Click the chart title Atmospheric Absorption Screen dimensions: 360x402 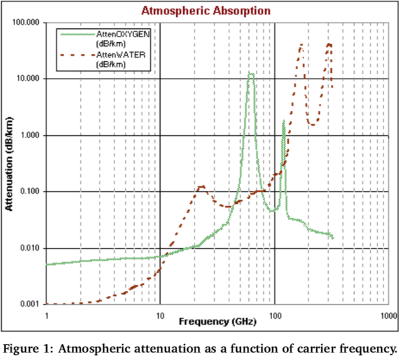coord(206,11)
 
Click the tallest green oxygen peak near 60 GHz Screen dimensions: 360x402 coord(251,74)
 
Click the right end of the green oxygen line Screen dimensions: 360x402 coord(333,237)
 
